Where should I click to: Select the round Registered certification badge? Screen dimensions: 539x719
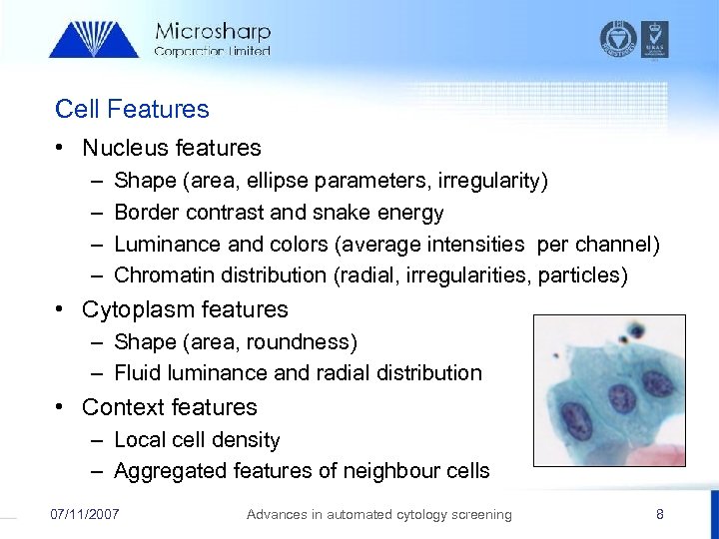click(x=617, y=38)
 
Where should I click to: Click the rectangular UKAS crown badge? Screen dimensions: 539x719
click(x=655, y=38)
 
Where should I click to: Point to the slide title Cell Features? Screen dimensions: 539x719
click(x=132, y=109)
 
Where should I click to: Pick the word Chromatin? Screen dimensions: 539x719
click(x=162, y=274)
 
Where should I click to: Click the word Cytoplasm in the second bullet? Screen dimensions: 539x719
click(x=134, y=309)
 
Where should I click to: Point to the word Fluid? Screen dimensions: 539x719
click(x=138, y=373)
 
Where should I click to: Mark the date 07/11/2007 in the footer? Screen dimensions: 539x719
click(x=85, y=514)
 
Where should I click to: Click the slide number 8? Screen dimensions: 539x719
click(x=659, y=514)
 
